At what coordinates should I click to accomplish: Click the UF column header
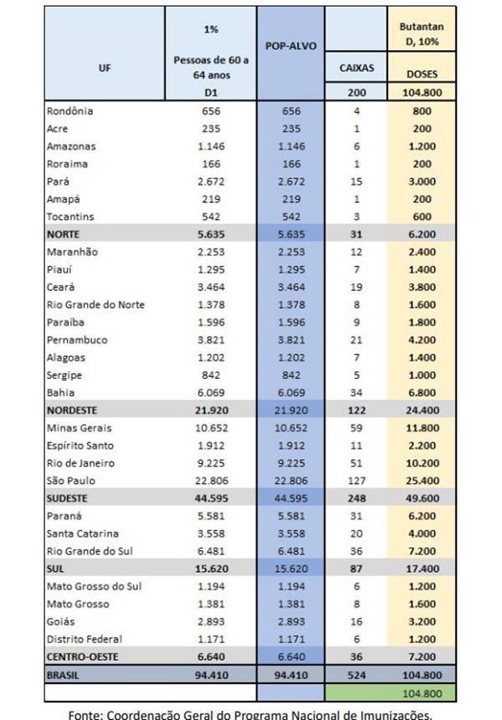(x=105, y=68)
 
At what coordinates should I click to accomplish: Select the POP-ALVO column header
(x=290, y=46)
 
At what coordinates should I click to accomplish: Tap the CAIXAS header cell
(x=356, y=68)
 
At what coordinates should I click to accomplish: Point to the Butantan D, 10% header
(x=422, y=34)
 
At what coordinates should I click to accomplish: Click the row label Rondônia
(x=69, y=111)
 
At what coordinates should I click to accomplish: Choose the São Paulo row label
(x=71, y=481)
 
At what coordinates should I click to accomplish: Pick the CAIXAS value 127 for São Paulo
(x=356, y=481)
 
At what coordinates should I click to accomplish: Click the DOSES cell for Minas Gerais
(x=422, y=428)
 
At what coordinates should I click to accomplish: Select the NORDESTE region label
(x=72, y=411)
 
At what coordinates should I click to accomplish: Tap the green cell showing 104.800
(x=422, y=693)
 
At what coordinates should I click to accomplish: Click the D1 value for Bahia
(x=212, y=393)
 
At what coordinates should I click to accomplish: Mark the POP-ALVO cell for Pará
(x=291, y=181)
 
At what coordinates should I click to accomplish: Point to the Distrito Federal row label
(x=85, y=639)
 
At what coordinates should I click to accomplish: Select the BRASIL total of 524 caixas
(x=356, y=676)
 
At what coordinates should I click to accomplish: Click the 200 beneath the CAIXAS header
(x=356, y=92)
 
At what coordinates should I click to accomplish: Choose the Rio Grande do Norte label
(x=95, y=305)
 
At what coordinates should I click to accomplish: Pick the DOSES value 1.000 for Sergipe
(x=422, y=375)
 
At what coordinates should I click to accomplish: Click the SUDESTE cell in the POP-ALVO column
(x=291, y=498)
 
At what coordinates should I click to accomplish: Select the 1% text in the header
(x=211, y=29)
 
